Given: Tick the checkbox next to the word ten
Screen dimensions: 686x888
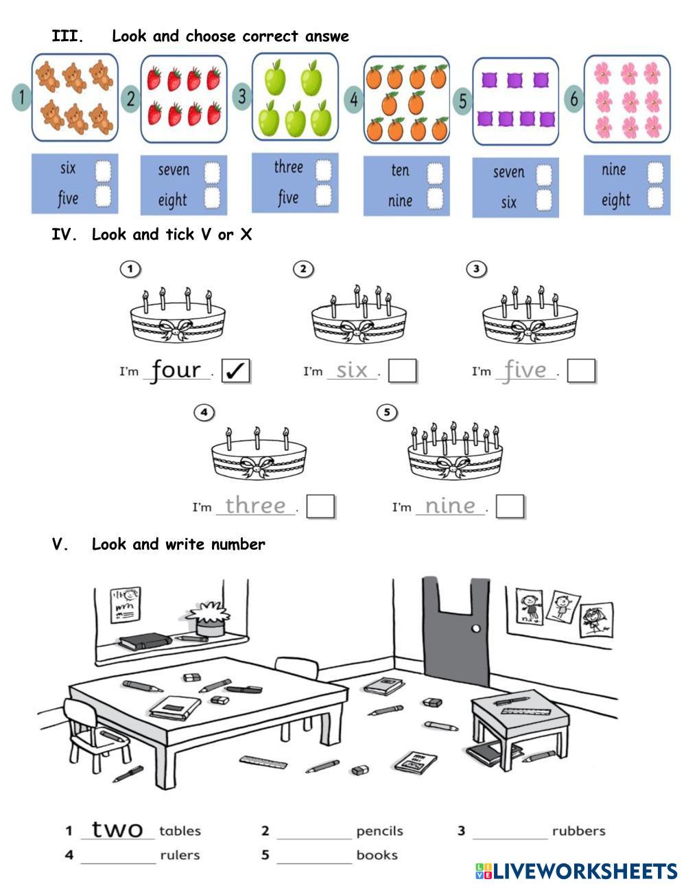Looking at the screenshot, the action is [435, 172].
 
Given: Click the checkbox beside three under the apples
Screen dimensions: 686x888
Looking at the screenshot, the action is [323, 170].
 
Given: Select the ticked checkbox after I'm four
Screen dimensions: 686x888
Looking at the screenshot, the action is [235, 371].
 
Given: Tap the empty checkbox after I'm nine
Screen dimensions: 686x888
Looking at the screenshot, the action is [510, 506].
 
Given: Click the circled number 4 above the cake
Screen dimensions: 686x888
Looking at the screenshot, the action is [204, 412].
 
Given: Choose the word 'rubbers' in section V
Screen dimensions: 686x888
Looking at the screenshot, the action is [578, 831].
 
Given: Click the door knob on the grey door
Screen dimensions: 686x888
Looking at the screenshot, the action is [475, 629].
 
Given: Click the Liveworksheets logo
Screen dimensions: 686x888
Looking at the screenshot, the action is [576, 871].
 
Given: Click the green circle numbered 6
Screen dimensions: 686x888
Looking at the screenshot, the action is [573, 99].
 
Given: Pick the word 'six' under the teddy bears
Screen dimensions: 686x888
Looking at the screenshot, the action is [68, 168].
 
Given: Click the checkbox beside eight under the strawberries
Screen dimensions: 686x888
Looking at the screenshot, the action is [212, 198].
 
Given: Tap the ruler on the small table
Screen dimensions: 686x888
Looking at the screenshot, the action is [526, 711].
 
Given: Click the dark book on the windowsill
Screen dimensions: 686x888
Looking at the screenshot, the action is [145, 640].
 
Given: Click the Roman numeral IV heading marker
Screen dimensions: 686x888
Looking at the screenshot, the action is [64, 235].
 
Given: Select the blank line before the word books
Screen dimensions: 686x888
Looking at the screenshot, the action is [314, 863].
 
